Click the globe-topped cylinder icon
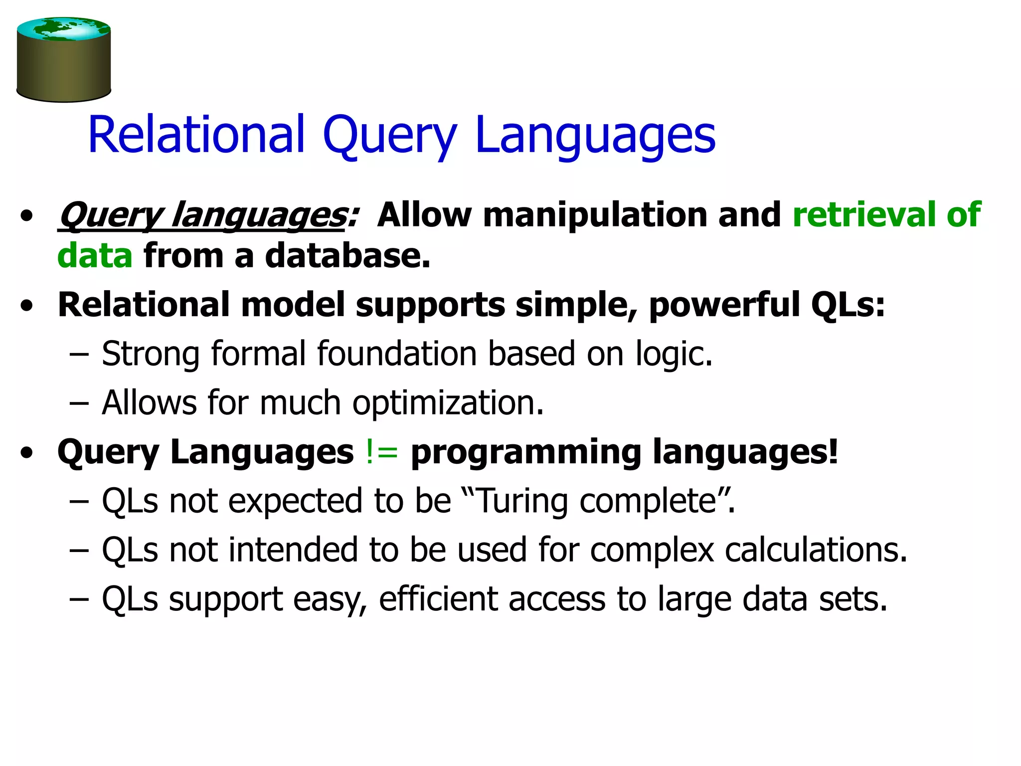click(63, 60)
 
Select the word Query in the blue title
click(389, 136)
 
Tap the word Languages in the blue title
click(595, 136)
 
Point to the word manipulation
click(594, 215)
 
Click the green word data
click(95, 256)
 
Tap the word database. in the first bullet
click(347, 256)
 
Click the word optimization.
click(448, 403)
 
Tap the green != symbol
click(382, 452)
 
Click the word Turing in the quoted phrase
click(522, 501)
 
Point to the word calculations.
click(816, 550)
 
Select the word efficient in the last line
click(438, 599)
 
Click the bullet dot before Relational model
click(27, 306)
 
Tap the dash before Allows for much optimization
click(79, 403)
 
